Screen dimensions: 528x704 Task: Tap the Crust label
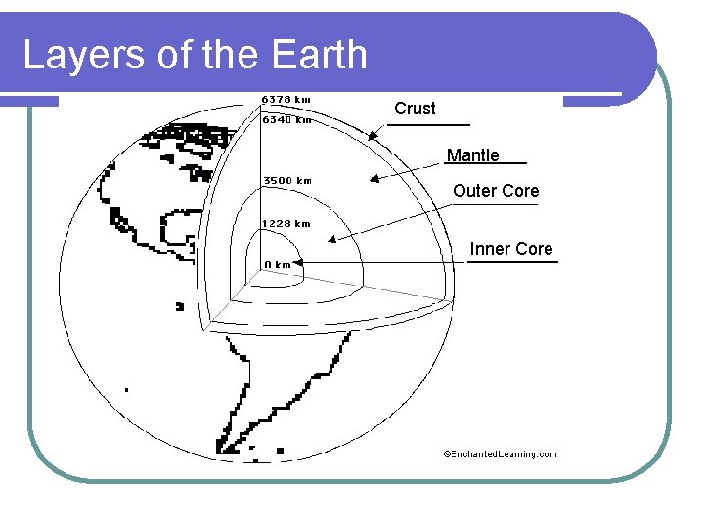point(415,109)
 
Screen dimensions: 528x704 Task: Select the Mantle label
point(472,155)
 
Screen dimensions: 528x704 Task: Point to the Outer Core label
point(496,191)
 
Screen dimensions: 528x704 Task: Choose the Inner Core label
point(511,249)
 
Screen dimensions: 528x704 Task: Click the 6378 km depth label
point(286,99)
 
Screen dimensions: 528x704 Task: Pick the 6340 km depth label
point(286,121)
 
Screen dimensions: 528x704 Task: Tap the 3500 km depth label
point(287,180)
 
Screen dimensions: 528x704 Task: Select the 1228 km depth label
point(286,224)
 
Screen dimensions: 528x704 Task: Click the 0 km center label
point(278,264)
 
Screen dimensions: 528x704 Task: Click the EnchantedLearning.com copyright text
point(499,454)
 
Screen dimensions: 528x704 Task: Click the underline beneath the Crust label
point(428,125)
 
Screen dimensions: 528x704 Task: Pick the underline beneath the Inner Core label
point(526,262)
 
